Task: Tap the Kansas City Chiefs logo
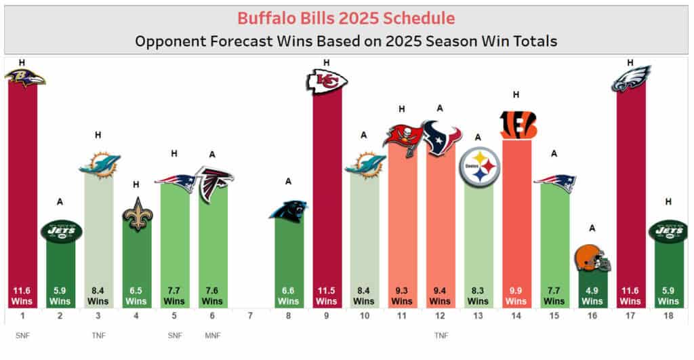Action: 327,82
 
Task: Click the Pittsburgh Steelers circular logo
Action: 479,167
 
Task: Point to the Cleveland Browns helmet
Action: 592,258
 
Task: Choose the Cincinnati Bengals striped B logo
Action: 518,125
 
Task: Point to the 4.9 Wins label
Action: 592,296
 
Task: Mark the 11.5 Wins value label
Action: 326,296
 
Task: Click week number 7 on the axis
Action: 250,315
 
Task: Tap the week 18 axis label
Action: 668,315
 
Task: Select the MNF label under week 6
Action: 212,334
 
